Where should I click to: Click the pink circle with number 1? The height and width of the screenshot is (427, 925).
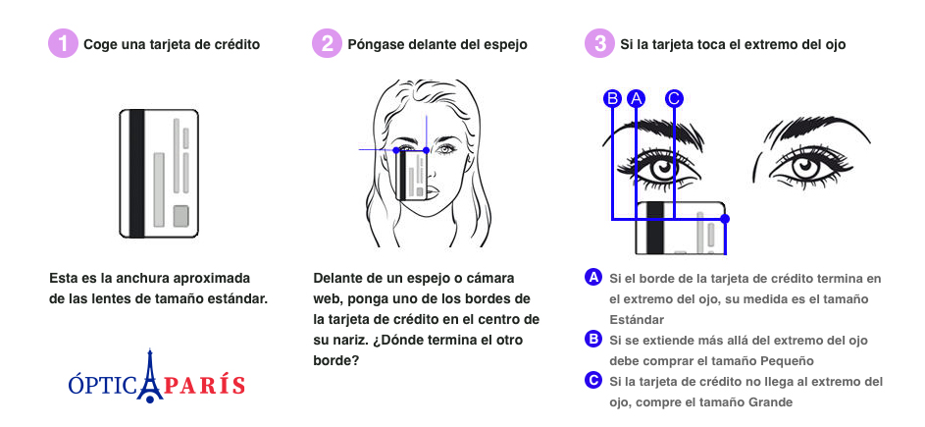pos(63,44)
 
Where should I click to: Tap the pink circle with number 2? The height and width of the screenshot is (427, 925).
pos(327,44)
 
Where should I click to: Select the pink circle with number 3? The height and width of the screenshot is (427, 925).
pos(599,44)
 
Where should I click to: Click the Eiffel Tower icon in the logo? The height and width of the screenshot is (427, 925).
pos(149,376)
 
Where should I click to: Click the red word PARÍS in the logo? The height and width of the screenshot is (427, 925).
pos(205,385)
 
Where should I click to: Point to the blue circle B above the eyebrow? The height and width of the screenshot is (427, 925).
pos(613,98)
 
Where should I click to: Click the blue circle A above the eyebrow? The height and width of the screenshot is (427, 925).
pos(636,98)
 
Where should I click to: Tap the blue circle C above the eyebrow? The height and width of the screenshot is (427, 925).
pos(674,98)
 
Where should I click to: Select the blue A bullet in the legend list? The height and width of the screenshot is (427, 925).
pos(592,277)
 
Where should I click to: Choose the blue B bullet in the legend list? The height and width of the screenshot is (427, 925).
pos(592,339)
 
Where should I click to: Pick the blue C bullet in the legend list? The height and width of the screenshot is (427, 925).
pos(592,380)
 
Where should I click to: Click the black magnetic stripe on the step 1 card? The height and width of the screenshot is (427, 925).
pos(137,174)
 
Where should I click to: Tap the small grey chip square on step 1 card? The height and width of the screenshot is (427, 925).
pos(180,216)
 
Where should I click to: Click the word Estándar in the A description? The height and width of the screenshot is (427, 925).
pos(637,319)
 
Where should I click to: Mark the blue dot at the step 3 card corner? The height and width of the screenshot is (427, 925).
pos(725,219)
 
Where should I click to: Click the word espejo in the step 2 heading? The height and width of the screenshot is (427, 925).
pos(507,45)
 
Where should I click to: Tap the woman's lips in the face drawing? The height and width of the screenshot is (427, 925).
pos(432,193)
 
